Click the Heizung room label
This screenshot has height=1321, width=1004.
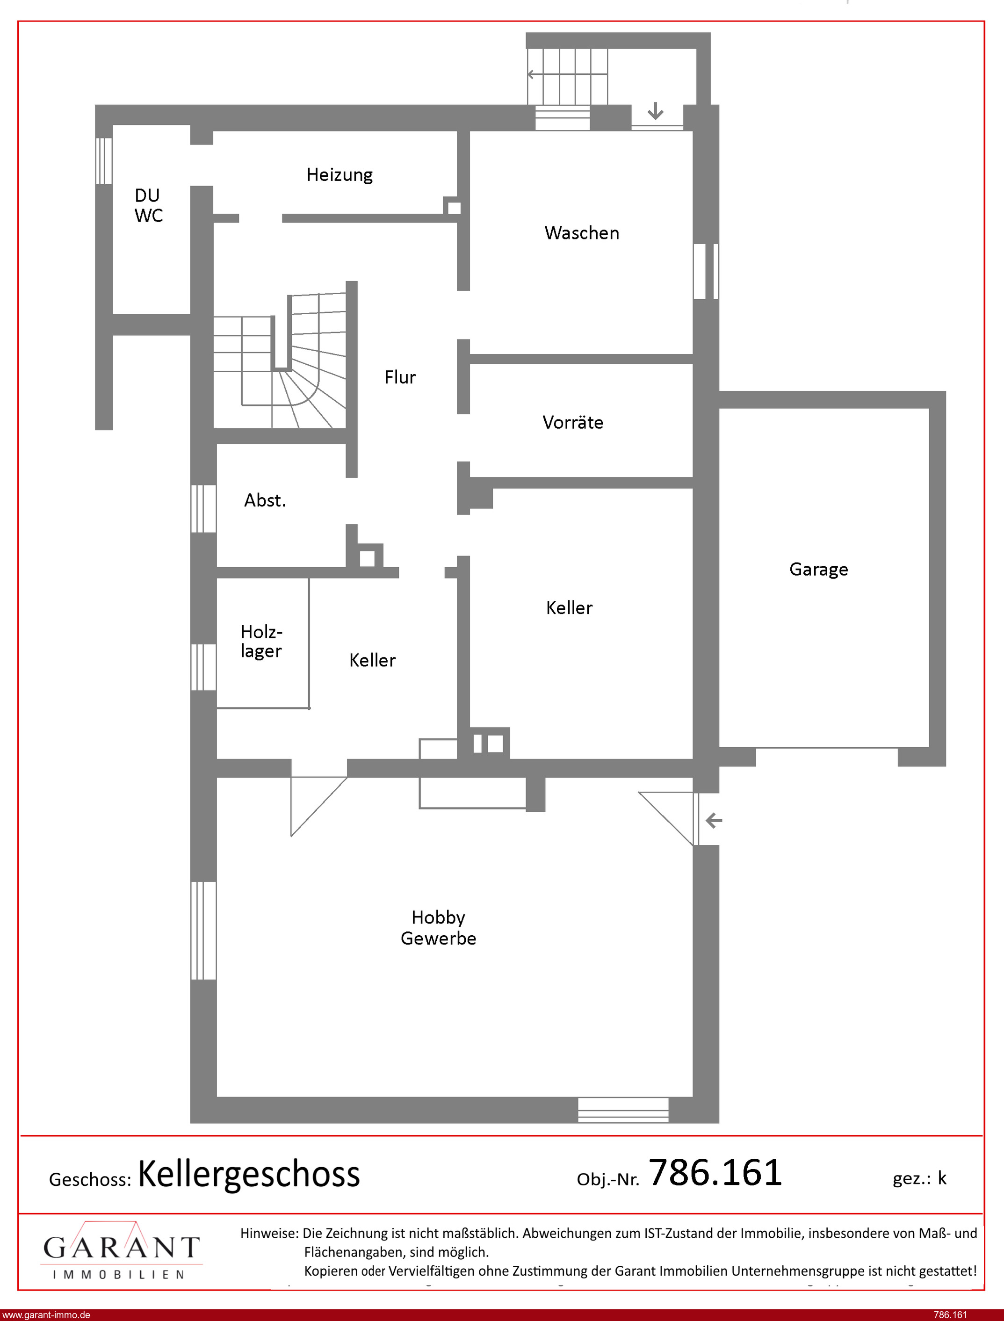339,175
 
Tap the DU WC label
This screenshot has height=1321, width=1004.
148,206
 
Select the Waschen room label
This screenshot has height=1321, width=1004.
581,233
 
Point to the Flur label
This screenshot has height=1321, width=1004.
400,377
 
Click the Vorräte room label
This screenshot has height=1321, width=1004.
572,422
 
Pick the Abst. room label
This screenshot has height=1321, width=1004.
265,500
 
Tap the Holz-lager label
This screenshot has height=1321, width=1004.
261,642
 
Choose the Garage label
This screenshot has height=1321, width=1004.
818,570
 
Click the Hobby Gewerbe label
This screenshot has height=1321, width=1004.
438,927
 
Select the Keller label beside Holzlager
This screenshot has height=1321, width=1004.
372,660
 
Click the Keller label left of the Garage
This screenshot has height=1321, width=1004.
569,607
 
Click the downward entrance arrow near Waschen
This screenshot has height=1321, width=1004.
656,111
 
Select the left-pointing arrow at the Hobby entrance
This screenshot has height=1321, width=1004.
714,820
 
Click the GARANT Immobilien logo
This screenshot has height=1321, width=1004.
121,1251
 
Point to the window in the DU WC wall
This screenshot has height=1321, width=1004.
104,161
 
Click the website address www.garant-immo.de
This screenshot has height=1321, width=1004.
46,1315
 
